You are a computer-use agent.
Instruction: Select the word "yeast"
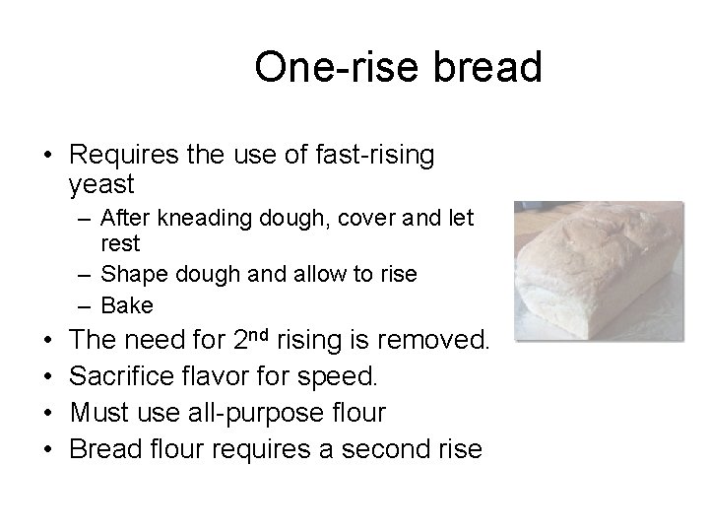pyautogui.click(x=102, y=183)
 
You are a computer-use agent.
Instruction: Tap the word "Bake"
pyautogui.click(x=128, y=305)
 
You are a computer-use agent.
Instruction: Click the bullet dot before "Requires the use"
pyautogui.click(x=47, y=155)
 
